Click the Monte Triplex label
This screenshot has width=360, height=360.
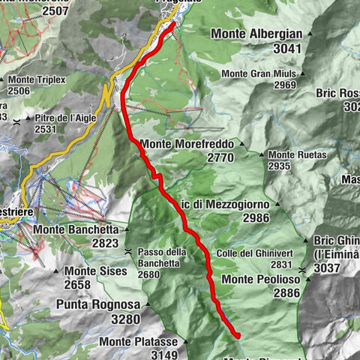37,79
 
